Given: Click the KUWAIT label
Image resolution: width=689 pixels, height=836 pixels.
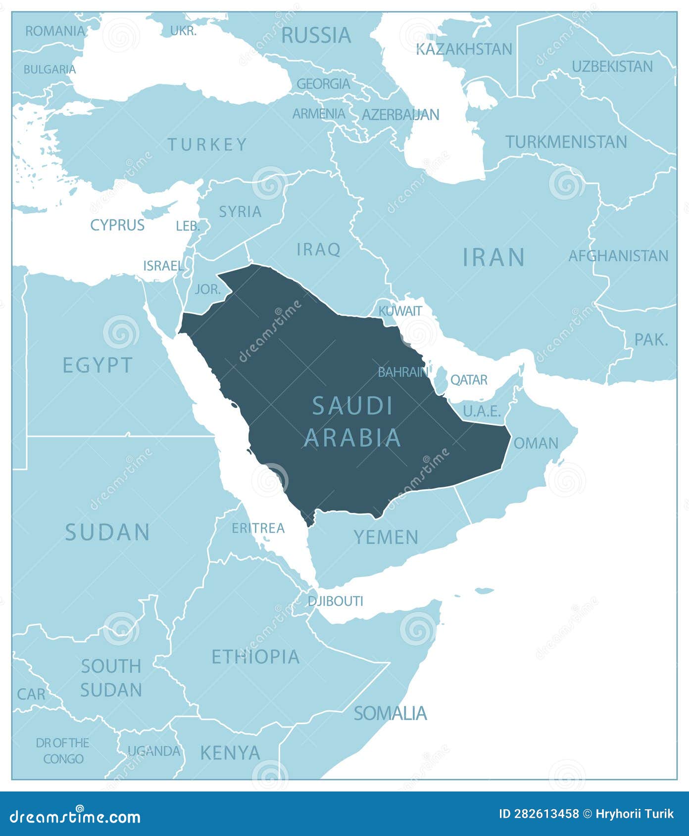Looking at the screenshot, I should pos(400,311).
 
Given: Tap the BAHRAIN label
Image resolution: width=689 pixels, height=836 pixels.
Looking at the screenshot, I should pos(402,372).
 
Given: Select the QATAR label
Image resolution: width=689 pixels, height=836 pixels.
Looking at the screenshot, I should pos(469,380).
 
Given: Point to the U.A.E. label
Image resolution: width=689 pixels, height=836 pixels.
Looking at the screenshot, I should pos(482,411).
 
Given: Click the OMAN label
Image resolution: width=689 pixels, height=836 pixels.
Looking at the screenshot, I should pos(536,443).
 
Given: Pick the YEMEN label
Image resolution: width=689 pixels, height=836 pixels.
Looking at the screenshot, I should pos(386,537).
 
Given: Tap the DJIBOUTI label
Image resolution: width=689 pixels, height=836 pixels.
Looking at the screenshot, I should pos(335,601).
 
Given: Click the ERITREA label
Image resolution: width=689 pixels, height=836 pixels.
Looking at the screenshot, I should pos(258,528).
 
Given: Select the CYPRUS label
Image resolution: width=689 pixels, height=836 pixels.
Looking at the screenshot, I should pos(117,225).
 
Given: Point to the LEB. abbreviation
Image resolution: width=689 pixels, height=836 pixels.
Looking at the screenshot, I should pos(188,226).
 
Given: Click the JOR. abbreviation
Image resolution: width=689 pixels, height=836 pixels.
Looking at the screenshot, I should pos(208,289).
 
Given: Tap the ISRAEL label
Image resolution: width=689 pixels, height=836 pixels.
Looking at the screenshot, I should pos(163,266).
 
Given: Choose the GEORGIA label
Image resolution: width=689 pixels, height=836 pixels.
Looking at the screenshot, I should pos(323,84).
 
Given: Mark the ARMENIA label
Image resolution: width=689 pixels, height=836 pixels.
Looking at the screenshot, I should pos(319,114).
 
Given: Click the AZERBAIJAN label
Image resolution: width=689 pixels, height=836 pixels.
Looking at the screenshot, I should pos(400,115).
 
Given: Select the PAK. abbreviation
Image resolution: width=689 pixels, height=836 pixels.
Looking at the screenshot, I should pos(651,339).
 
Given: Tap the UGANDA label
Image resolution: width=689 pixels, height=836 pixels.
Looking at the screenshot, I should pos(154,751).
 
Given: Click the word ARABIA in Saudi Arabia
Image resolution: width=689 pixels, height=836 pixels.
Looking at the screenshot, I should pos(352,438).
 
